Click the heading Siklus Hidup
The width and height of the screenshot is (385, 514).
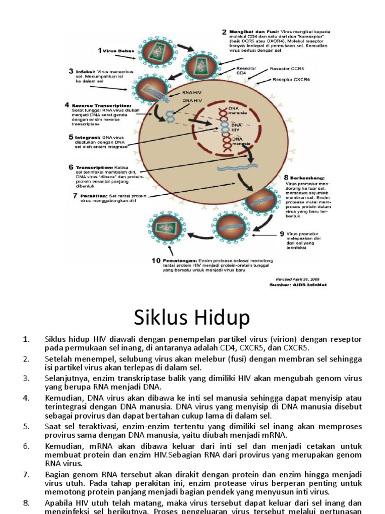pos(192,318)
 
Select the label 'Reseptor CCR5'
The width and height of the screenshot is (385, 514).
pos(287,68)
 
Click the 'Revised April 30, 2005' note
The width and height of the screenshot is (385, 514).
pos(298,278)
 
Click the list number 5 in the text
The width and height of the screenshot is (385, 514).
pos(27,426)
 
